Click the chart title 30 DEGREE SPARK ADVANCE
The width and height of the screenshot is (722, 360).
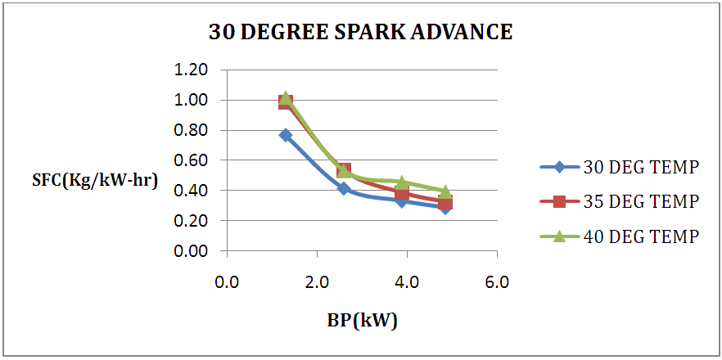(x=361, y=33)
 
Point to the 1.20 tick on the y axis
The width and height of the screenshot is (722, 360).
(x=192, y=70)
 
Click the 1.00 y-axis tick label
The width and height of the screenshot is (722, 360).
(x=192, y=101)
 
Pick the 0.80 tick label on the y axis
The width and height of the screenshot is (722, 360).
(x=192, y=131)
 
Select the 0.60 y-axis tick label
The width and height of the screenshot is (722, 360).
(x=192, y=161)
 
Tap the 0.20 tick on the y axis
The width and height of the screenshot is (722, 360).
(x=192, y=221)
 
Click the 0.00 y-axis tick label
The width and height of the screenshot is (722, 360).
(x=192, y=251)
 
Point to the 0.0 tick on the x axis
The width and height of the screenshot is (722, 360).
(x=226, y=283)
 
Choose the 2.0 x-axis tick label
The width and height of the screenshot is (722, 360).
(x=317, y=283)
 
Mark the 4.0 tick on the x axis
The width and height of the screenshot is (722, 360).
(x=407, y=283)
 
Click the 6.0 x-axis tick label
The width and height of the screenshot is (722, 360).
(x=497, y=283)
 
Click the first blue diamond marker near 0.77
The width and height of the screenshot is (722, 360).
(x=286, y=135)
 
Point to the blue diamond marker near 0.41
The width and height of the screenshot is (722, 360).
(x=344, y=189)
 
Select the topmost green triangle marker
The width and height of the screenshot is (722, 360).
(x=286, y=97)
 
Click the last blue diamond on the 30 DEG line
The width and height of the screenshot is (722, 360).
(x=445, y=207)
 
